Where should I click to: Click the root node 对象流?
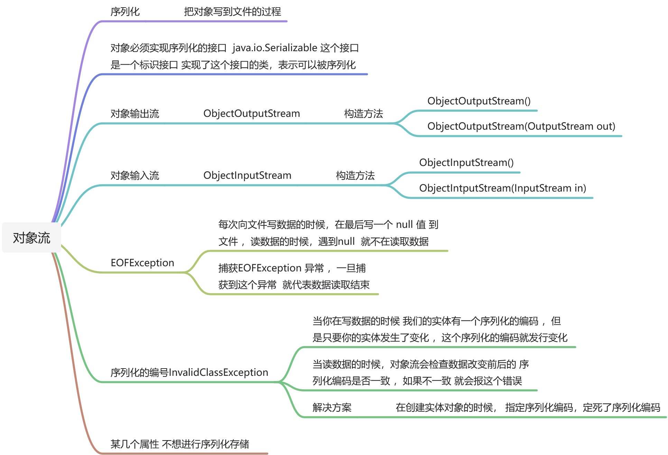pos(31,238)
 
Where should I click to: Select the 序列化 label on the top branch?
pos(125,12)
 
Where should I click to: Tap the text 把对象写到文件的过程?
pos(232,12)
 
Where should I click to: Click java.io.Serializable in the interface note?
pos(275,48)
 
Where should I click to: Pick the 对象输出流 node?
pos(134,113)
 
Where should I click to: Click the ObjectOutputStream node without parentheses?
pos(251,113)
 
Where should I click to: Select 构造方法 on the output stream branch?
pos(363,113)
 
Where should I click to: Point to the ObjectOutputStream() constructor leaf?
pos(479,101)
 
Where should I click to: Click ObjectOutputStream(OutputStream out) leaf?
pos(521,126)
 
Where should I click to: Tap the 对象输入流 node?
pos(134,175)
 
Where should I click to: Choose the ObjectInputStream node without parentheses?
pos(247,175)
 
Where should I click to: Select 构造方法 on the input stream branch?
pos(355,175)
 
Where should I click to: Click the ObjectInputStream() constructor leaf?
pos(466,162)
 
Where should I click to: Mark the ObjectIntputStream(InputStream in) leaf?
pos(502,188)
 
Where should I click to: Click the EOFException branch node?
pos(142,263)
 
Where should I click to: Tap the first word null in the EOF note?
pos(404,225)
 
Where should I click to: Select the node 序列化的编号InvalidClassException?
pos(189,372)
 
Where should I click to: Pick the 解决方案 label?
pos(332,408)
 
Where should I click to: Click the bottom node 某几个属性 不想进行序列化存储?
pos(179,444)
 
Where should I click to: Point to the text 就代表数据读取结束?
pos(326,285)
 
